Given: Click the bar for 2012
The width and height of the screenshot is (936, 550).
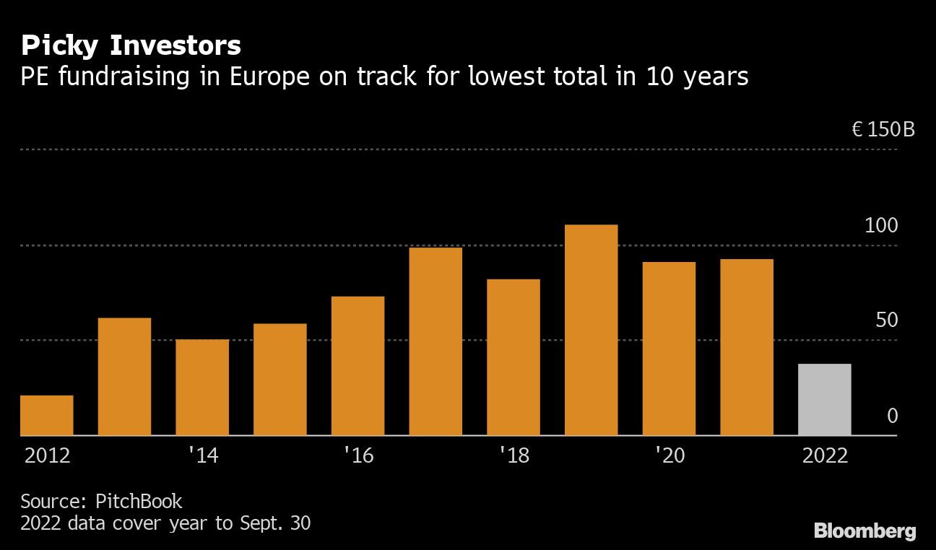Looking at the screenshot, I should pyautogui.click(x=47, y=415).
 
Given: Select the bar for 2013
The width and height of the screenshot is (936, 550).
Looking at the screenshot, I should pyautogui.click(x=124, y=376).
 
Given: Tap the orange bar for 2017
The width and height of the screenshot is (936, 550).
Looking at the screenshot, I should pyautogui.click(x=435, y=341).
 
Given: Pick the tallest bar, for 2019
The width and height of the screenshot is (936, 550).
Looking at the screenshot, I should pyautogui.click(x=591, y=330).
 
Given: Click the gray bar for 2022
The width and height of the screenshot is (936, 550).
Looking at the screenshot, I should pyautogui.click(x=824, y=399).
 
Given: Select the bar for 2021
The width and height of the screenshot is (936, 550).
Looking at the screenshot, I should pyautogui.click(x=747, y=347).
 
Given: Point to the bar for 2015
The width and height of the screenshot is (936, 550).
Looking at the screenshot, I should pyautogui.click(x=280, y=379).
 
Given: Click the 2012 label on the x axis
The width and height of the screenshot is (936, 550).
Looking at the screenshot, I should pyautogui.click(x=48, y=456).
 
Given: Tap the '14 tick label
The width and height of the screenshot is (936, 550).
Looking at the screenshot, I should pyautogui.click(x=203, y=456).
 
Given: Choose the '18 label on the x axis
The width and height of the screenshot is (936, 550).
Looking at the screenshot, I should pyautogui.click(x=514, y=456).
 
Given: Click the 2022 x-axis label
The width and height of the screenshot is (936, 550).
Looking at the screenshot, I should pyautogui.click(x=825, y=456).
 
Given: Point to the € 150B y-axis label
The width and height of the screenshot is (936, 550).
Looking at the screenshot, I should pyautogui.click(x=883, y=130).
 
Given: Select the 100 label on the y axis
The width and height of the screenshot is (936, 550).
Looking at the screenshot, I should pyautogui.click(x=881, y=226).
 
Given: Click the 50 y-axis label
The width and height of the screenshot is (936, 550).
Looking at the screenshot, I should pyautogui.click(x=886, y=320).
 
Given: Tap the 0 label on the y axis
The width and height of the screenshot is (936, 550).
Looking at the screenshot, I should pyautogui.click(x=892, y=416).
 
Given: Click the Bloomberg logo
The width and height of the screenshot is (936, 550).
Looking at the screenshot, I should pyautogui.click(x=864, y=532).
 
